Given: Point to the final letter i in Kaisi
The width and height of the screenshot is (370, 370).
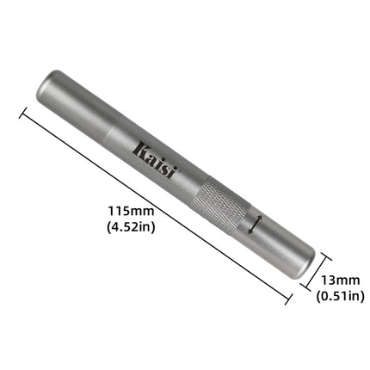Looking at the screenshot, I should [171, 172].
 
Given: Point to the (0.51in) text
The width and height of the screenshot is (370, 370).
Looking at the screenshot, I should [339, 296].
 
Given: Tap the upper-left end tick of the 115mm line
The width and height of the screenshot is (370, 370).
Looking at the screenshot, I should [22, 109].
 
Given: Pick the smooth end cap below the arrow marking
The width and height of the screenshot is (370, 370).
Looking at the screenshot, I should [280, 246].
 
